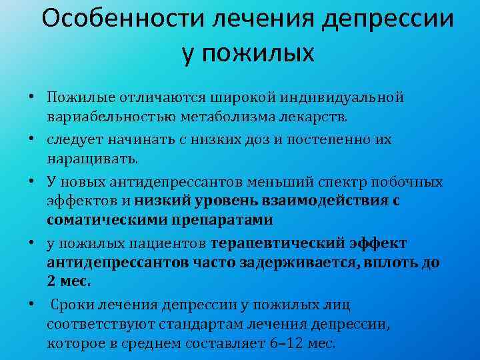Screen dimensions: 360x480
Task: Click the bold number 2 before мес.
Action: point(51,281)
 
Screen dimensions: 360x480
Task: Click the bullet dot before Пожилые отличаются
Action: point(31,97)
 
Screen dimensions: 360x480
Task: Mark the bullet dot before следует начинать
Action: point(31,139)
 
